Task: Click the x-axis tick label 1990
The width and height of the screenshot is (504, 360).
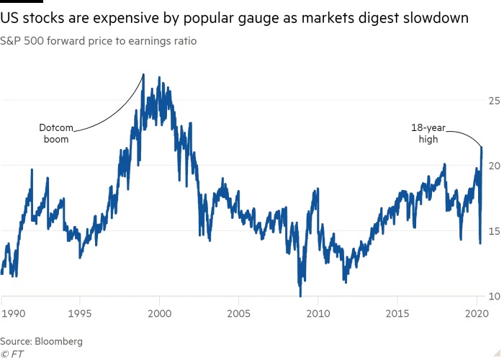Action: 12,315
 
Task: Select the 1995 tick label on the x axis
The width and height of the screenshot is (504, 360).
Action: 79,315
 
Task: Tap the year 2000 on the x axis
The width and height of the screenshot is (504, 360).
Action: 159,315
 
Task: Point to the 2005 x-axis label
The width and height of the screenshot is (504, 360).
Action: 238,315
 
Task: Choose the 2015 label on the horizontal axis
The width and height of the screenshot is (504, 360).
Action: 397,315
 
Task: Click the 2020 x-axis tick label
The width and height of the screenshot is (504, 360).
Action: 475,315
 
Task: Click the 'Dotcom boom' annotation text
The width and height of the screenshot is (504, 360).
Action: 56,134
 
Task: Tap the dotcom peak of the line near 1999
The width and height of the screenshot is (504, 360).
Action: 143,74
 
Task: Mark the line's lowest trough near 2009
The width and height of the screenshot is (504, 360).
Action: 300,295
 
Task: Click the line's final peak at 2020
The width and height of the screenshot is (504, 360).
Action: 481,148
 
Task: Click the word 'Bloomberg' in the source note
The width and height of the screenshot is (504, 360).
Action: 60,341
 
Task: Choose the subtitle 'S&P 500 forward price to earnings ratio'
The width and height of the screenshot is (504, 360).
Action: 99,41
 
